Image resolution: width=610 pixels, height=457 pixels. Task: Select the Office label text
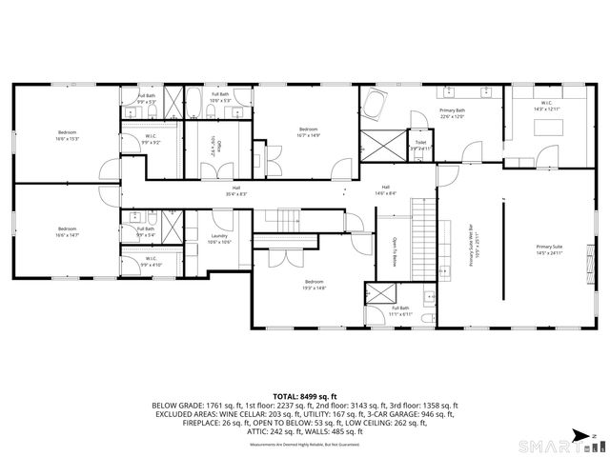pyautogui.click(x=218, y=146)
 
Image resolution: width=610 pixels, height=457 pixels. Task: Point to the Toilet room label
pyautogui.click(x=420, y=145)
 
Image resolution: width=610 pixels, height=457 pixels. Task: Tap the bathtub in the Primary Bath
pyautogui.click(x=374, y=106)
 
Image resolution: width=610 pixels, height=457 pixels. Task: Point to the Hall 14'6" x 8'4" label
pyautogui.click(x=385, y=189)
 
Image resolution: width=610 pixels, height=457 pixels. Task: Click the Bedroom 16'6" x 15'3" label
pyautogui.click(x=66, y=135)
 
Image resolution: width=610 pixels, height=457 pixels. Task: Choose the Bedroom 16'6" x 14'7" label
pyautogui.click(x=66, y=231)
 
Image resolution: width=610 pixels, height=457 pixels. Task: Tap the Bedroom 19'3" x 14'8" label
pyautogui.click(x=315, y=285)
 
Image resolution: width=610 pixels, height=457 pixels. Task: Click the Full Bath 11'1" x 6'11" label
pyautogui.click(x=400, y=311)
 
